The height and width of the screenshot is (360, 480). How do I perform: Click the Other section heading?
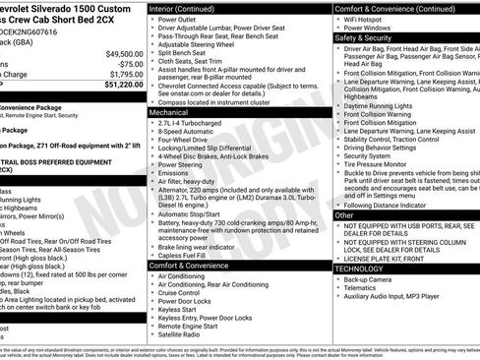[x=344, y=213]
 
